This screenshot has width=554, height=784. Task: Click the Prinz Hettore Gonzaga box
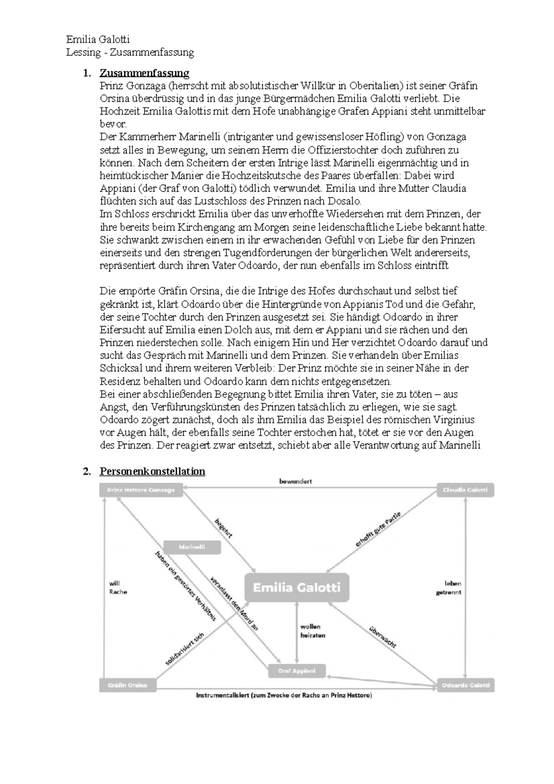pos(141,490)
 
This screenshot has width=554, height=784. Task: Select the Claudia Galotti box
pos(465,490)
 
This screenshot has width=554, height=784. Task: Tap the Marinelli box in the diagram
pos(192,547)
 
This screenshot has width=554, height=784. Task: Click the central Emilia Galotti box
pos(297,588)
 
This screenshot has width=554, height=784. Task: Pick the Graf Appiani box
pos(297,671)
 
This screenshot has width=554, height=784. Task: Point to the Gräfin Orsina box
pos(127,685)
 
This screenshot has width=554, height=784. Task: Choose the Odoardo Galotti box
pos(465,685)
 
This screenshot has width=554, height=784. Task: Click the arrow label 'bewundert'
pos(295,481)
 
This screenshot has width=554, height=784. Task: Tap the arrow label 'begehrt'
pos(223,528)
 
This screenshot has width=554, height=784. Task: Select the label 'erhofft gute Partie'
pos(378,529)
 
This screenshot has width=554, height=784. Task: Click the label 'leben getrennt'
pos(449,588)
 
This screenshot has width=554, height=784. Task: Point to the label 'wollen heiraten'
pos(313,631)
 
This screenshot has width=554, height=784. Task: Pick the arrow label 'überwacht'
pos(383,637)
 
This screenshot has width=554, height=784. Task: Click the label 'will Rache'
pos(118,587)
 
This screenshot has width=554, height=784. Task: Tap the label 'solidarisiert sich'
pos(185,649)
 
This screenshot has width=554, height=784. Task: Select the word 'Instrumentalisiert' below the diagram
pos(223,695)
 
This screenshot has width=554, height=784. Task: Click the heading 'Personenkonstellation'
pos(152,471)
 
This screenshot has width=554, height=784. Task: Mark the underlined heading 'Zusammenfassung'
pos(145,73)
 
